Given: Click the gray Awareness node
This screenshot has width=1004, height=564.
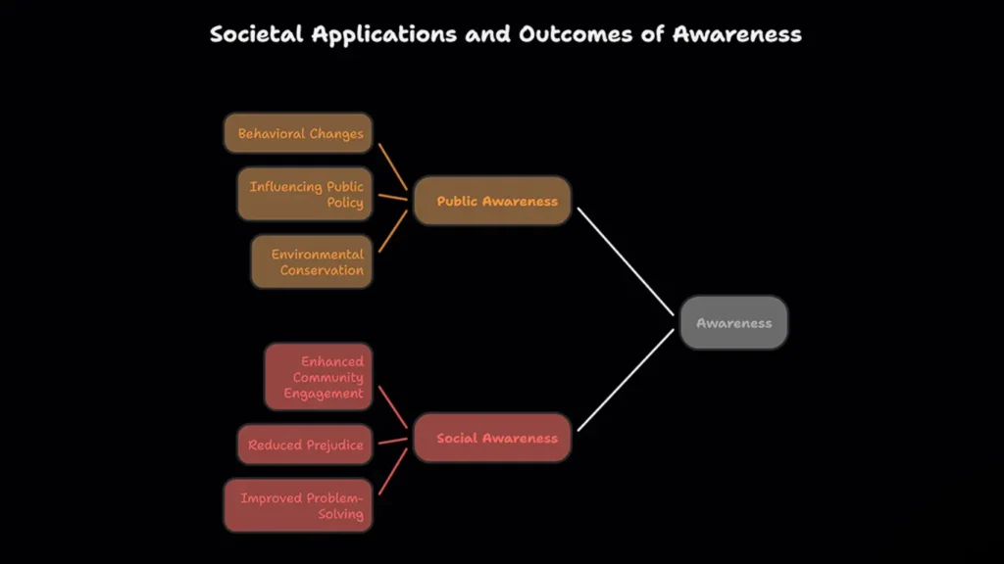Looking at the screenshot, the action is [733, 323].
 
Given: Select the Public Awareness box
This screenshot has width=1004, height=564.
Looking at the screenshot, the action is [492, 201].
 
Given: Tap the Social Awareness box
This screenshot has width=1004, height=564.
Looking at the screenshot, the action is [492, 438].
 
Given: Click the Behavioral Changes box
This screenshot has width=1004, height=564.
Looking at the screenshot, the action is [298, 133].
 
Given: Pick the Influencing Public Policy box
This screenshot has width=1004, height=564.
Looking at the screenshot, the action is [305, 194].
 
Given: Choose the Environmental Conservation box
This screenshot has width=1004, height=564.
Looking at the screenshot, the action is [312, 261].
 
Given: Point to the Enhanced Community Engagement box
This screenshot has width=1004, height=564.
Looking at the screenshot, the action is [319, 377].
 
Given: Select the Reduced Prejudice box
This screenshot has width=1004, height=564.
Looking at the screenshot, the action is [305, 445].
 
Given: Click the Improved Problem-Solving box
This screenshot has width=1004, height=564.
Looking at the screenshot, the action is [298, 505].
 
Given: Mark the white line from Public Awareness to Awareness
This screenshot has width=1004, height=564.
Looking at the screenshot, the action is [626, 261].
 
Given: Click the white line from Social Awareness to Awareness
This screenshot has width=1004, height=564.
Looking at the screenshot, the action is [626, 380].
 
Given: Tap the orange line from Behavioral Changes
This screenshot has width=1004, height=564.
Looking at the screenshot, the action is [393, 166].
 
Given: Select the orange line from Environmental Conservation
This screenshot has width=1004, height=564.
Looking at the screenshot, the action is [393, 231].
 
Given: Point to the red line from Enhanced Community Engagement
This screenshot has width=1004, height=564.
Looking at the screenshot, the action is [393, 406].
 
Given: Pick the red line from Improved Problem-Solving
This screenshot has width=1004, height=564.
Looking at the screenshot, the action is [393, 471].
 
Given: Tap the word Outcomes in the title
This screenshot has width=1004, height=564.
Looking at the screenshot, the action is [576, 34].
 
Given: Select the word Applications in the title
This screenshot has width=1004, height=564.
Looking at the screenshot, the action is [384, 35].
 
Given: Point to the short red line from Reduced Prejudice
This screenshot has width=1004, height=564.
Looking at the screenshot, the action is [393, 441].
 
